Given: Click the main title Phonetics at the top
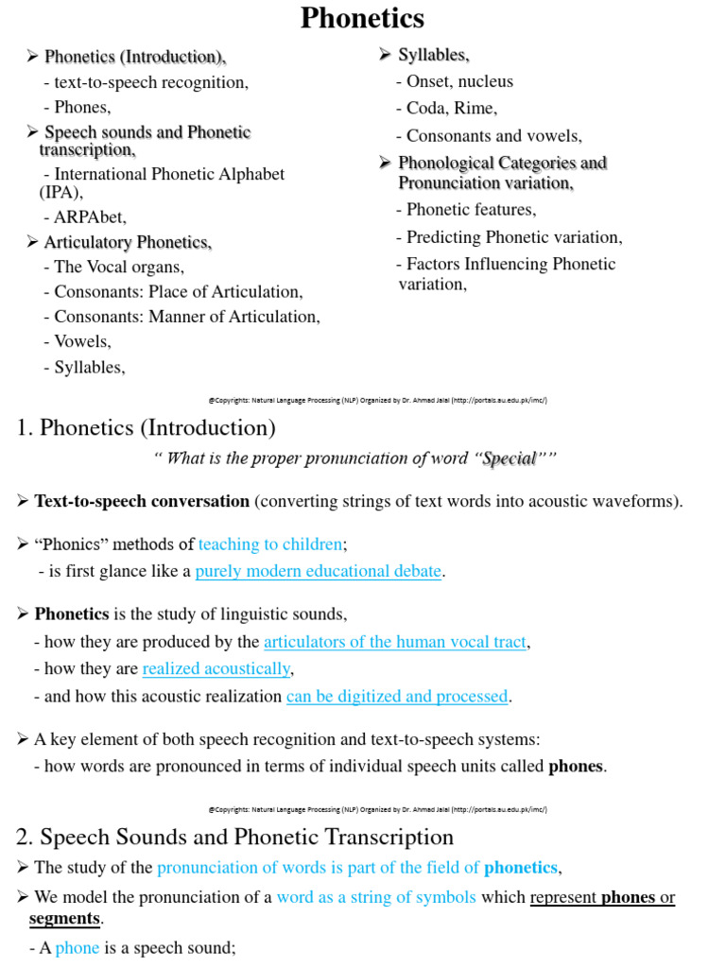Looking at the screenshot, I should click(362, 18).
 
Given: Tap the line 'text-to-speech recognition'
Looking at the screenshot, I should click(151, 82).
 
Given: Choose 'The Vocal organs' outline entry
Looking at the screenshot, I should click(119, 267).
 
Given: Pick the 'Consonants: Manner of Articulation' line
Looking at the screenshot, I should click(187, 317).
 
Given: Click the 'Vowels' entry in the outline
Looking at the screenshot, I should click(82, 341).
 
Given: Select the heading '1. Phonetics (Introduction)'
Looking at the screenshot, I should click(147, 428).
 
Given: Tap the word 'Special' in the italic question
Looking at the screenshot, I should click(510, 458).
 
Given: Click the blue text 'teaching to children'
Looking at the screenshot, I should click(270, 544).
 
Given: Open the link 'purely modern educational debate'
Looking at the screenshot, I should click(319, 571).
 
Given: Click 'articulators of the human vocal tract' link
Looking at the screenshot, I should click(394, 642).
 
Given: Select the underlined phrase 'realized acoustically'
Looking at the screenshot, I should click(216, 669).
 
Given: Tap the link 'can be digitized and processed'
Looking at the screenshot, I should click(397, 697).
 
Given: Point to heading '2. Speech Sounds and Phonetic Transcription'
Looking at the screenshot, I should click(235, 837).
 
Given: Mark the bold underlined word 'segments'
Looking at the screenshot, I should click(64, 918).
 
